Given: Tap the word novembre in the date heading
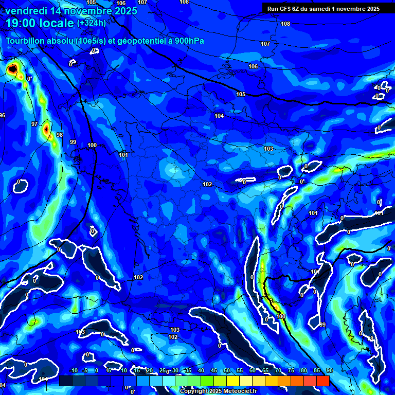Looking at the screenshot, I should coord(88,11).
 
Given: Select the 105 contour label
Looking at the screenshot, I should coord(241,94).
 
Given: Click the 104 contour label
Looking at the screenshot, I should coord(219,116).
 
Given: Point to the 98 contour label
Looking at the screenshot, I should coord(59,135).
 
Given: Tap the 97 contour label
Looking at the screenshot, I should coord(34,124).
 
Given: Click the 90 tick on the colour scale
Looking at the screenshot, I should coord(329,370).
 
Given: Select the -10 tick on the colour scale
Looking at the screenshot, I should coord(73,370).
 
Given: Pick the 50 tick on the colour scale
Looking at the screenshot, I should coord(227,370).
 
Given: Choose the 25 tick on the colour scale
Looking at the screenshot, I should coord(163,370).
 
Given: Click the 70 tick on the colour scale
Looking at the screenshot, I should coord(278,370).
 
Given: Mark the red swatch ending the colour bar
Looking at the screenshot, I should coord(322,381).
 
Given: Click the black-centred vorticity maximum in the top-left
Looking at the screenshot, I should coord(12,68).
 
